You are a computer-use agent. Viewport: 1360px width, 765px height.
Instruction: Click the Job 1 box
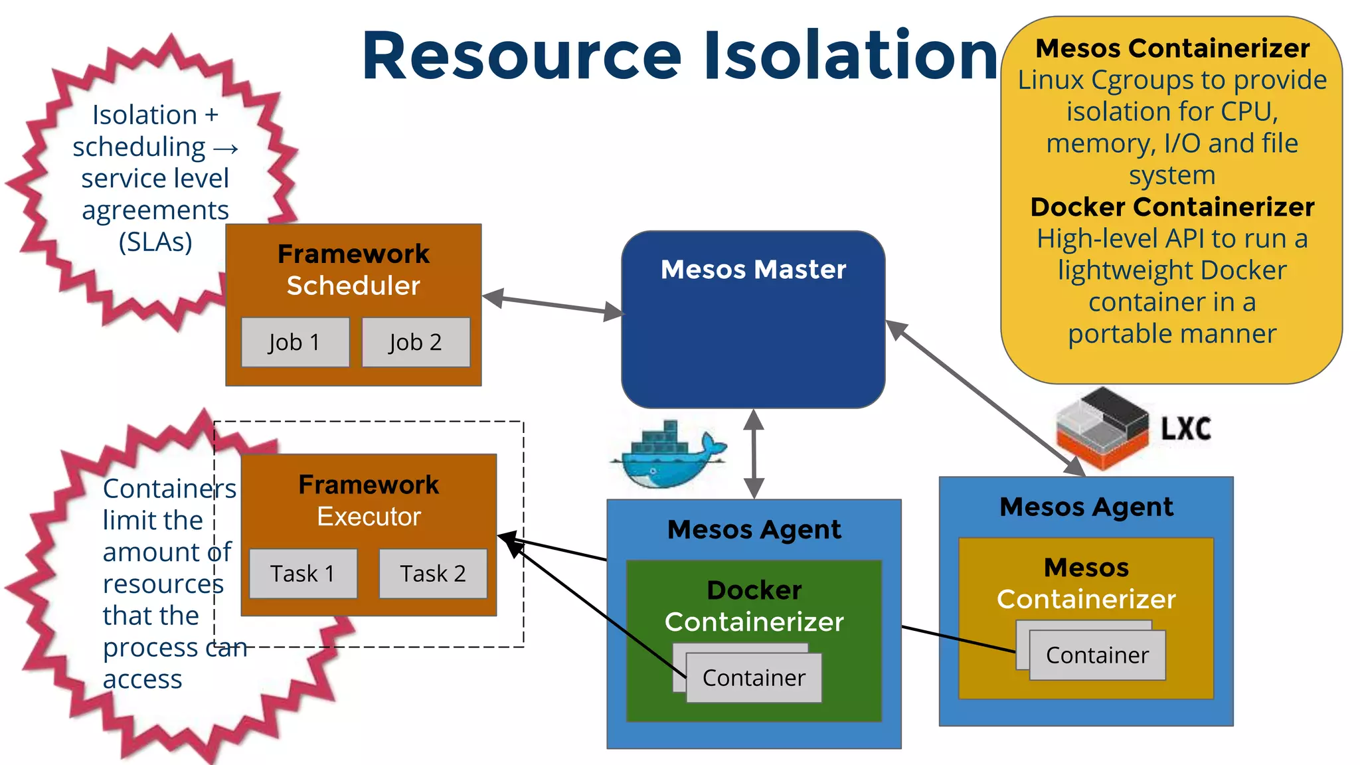coord(295,342)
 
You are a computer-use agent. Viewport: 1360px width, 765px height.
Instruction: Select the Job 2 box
coord(416,342)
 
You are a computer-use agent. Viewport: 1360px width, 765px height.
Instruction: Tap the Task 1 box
coord(303,573)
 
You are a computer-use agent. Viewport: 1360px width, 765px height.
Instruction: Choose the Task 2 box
coord(433,573)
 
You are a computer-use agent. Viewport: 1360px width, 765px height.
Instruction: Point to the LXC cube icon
coord(1102,428)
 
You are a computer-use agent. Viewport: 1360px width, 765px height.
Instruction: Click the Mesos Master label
coord(753,270)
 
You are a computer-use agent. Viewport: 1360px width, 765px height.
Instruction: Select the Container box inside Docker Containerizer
coord(754,678)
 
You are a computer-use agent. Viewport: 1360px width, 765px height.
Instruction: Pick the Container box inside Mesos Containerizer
coord(1097,655)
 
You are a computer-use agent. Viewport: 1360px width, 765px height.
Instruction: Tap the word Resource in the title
coord(522,56)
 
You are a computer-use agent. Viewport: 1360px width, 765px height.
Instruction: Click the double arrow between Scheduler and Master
coord(552,305)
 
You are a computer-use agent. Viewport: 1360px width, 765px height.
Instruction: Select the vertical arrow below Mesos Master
coord(754,454)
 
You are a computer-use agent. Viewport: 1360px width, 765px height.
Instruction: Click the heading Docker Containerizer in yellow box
coord(1172,207)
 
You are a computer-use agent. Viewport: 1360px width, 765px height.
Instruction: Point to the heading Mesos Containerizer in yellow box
coord(1172,48)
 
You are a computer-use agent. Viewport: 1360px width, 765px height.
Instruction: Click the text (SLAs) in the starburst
coord(155,242)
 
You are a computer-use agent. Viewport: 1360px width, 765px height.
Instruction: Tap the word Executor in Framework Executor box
coord(369,517)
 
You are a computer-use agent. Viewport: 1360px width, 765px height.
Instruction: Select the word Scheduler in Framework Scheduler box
coord(353,286)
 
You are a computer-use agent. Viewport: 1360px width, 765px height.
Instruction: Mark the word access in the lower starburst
coord(142,679)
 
